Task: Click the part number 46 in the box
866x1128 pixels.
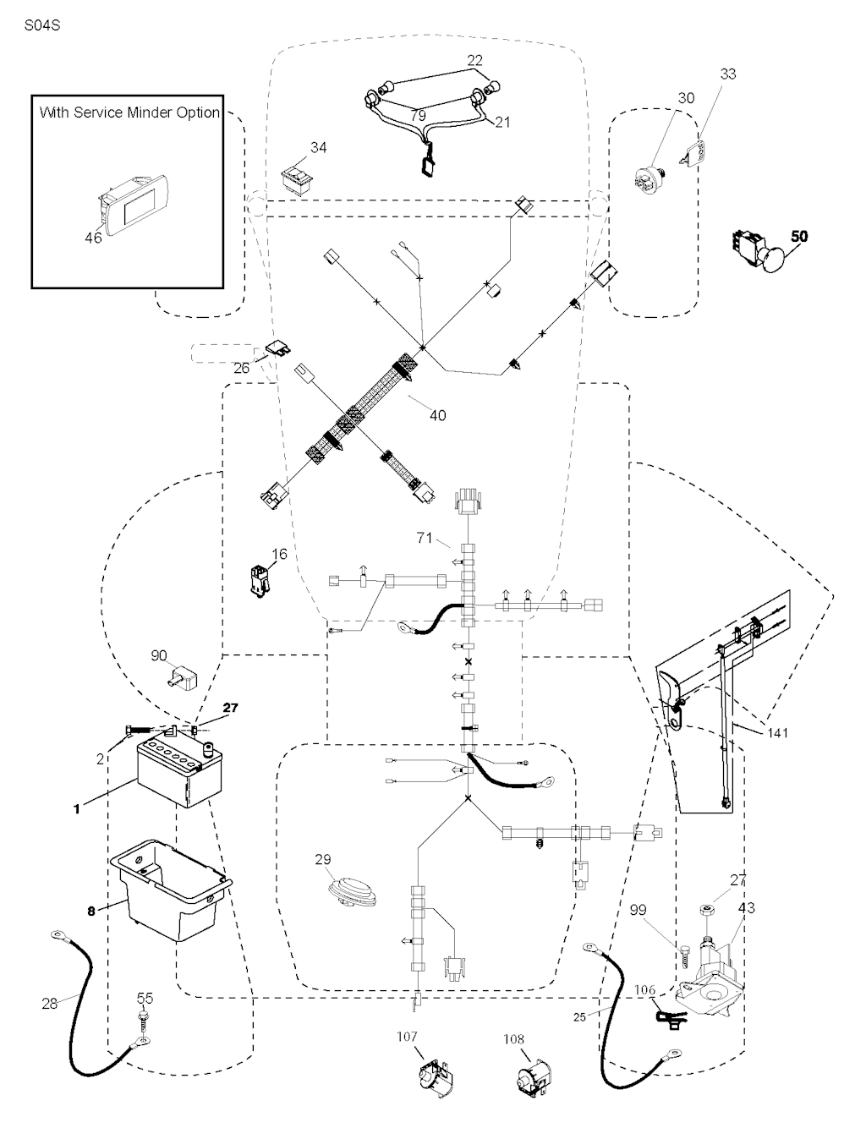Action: (x=93, y=238)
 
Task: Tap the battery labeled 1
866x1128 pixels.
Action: (x=177, y=770)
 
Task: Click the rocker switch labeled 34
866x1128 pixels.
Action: (x=299, y=178)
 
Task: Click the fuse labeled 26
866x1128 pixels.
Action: (x=276, y=348)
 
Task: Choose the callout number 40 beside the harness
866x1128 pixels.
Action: (x=438, y=415)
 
